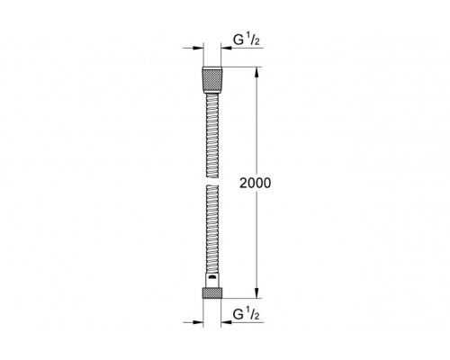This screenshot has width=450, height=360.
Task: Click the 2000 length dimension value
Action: pos(255,183)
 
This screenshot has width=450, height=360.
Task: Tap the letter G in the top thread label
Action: pos(238,40)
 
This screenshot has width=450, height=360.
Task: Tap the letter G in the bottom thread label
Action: pos(238,314)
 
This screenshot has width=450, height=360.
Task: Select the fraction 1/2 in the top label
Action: pos(252,40)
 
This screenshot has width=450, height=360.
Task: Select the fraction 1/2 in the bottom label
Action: pos(252,313)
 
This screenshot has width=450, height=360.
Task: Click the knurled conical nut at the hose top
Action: pos(212,80)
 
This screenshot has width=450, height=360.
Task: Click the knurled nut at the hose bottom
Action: pos(212,292)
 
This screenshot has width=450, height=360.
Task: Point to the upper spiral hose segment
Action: pos(212,135)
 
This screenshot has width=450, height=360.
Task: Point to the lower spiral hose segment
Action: pos(212,229)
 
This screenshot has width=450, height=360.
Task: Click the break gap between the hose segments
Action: pos(212,181)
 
